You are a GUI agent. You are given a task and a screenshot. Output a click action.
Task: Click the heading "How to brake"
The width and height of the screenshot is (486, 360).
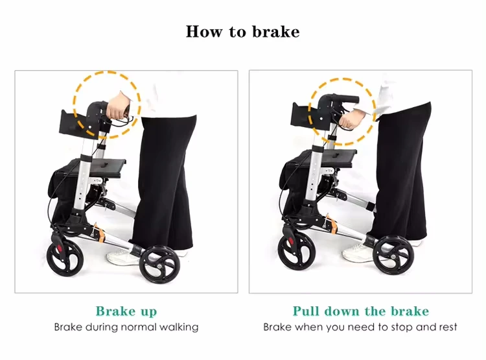coord(242,31)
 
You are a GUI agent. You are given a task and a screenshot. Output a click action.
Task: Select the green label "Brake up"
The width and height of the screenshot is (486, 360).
coord(126,311)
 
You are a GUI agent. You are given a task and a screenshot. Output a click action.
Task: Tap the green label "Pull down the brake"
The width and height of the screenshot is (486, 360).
coord(360,311)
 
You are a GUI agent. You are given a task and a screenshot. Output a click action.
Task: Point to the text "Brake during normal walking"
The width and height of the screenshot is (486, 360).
coord(126,327)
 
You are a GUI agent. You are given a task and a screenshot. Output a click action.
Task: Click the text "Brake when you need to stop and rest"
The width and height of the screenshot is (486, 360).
coord(360,327)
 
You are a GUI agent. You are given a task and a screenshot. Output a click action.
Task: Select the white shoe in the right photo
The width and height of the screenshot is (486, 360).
coord(358,252)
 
